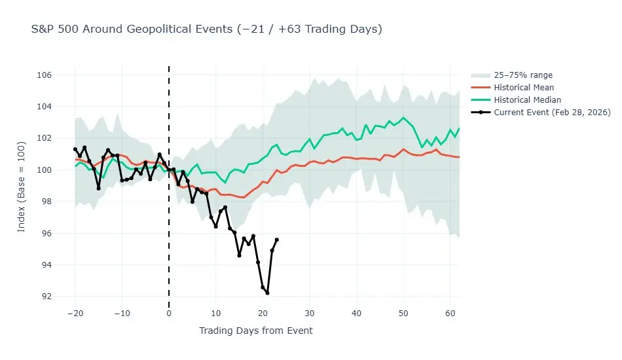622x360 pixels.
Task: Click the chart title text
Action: pyautogui.click(x=206, y=29)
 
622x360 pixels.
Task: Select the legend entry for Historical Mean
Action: pyautogui.click(x=524, y=88)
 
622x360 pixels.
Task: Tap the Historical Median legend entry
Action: pyautogui.click(x=527, y=100)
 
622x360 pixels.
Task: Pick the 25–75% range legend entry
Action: pyautogui.click(x=523, y=75)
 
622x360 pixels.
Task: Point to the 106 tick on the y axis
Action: pyautogui.click(x=44, y=75)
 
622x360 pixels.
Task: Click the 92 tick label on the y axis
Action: pyautogui.click(x=46, y=297)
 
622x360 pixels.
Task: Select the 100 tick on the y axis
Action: pyautogui.click(x=44, y=170)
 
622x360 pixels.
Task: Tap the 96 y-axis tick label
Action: pyautogui.click(x=46, y=234)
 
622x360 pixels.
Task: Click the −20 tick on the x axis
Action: pyautogui.click(x=75, y=314)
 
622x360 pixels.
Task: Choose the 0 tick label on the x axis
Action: pyautogui.click(x=169, y=314)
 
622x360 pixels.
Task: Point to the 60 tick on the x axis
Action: pyautogui.click(x=450, y=314)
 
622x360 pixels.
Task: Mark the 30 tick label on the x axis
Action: pyautogui.click(x=310, y=314)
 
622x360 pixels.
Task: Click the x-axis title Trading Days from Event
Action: pyautogui.click(x=256, y=331)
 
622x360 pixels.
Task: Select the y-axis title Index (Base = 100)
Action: pyautogui.click(x=22, y=185)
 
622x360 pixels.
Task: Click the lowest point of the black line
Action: pyautogui.click(x=267, y=293)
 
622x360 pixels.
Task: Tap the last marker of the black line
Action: pyautogui.click(x=277, y=240)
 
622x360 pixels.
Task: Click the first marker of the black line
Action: pyautogui.click(x=75, y=149)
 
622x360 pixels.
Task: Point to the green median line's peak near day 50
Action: pyautogui.click(x=403, y=118)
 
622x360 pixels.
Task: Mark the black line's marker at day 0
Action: pyautogui.click(x=169, y=170)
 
